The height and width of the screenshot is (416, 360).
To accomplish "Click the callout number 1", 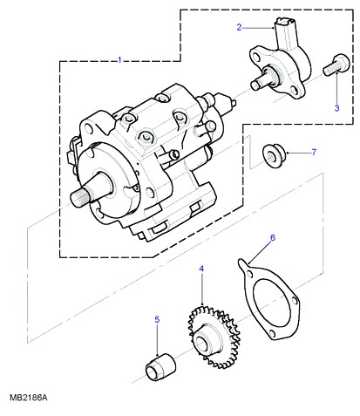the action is pos(119,60).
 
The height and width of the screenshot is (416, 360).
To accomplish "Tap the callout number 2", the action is pos(239,27).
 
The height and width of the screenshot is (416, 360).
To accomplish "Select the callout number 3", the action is pos(336,108).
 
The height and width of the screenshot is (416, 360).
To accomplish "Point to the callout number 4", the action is pos(201,269).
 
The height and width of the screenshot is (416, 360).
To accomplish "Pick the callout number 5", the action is pos(157,320).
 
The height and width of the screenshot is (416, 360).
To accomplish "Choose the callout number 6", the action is pos(273,237).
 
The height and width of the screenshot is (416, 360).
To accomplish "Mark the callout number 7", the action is pos(314,152).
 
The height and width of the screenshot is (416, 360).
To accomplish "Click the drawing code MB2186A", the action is pos(28,398).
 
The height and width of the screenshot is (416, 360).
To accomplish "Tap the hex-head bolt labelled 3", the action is pos(336,66).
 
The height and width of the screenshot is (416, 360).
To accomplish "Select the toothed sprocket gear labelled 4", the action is pos(214,336).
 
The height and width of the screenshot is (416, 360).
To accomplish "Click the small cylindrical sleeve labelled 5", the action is pos(160,367).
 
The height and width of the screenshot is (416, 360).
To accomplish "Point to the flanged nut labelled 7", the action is pos(274,155).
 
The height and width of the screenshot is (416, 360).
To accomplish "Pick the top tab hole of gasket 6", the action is pos(249,274).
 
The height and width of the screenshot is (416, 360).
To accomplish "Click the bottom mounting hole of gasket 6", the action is pos(273,333).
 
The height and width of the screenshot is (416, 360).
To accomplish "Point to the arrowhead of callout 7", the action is pos(288,153).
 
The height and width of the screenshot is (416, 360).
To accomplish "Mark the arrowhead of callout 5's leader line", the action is pos(157,355).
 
